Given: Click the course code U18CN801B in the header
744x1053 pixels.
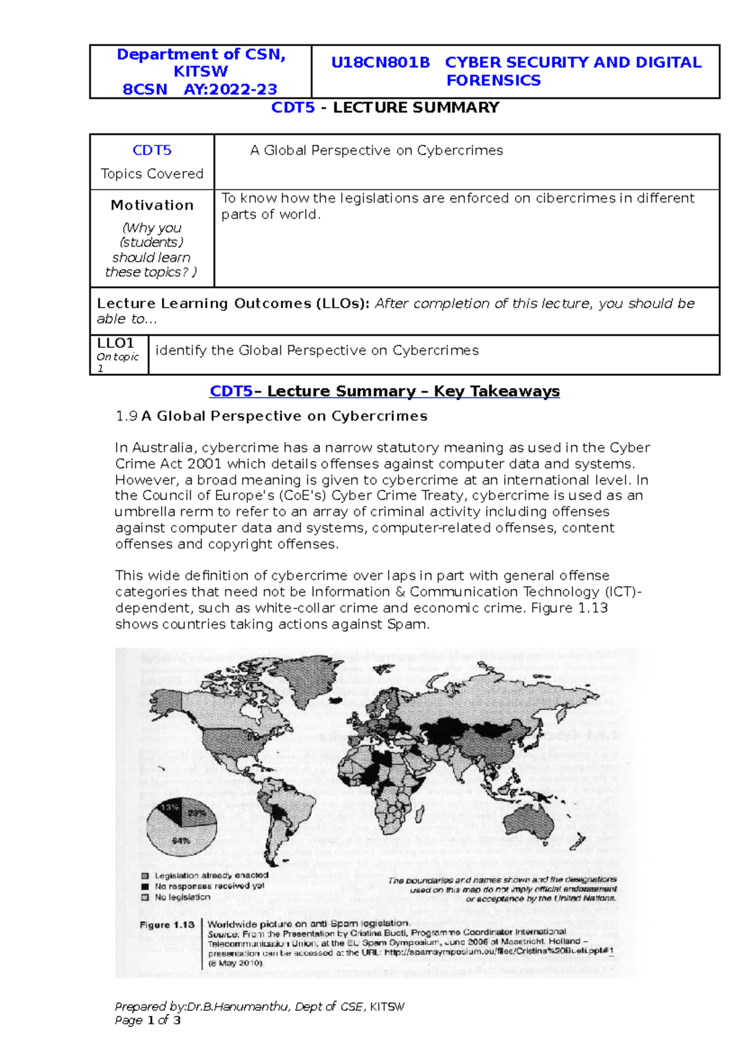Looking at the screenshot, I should click(x=380, y=63).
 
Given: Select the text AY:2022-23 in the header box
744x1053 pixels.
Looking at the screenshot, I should click(x=230, y=89).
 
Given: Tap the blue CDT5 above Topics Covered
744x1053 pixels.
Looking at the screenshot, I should click(x=152, y=151).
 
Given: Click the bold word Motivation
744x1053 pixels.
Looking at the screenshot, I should click(x=152, y=205).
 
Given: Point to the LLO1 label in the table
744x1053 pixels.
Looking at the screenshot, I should click(x=115, y=343).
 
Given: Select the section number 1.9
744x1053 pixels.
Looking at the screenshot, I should click(x=126, y=416).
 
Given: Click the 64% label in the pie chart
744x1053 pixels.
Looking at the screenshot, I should click(x=181, y=841).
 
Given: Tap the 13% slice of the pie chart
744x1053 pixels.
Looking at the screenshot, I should click(x=169, y=808).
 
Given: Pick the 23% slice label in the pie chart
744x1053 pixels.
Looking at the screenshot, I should click(x=197, y=812).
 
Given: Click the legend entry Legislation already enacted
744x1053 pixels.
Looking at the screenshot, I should click(x=211, y=875).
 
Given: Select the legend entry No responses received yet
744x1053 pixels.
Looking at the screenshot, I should click(x=209, y=886).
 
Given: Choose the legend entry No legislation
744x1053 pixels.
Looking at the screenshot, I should click(x=182, y=897).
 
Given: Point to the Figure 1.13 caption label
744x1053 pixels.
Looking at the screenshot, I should click(x=167, y=925).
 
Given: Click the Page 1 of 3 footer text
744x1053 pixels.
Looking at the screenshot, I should click(x=148, y=1020).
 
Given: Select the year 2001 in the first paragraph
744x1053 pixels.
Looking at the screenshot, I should click(x=203, y=464).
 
